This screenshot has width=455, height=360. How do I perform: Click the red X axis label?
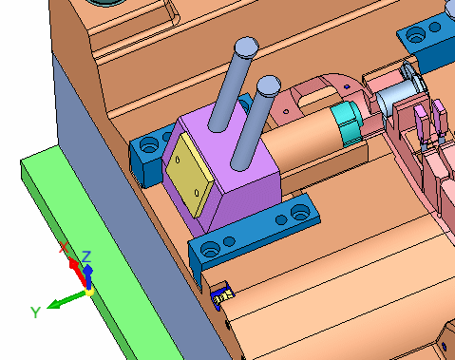(65, 247)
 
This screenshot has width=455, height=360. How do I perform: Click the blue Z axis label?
(86, 256)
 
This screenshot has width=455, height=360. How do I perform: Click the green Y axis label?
(35, 313)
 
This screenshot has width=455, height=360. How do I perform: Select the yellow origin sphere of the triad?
(89, 292)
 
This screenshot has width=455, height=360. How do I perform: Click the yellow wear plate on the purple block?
(190, 175)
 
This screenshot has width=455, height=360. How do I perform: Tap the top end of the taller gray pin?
(247, 47)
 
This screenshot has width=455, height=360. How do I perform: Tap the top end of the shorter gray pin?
(269, 85)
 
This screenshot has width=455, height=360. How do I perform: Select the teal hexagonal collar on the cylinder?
(348, 124)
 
